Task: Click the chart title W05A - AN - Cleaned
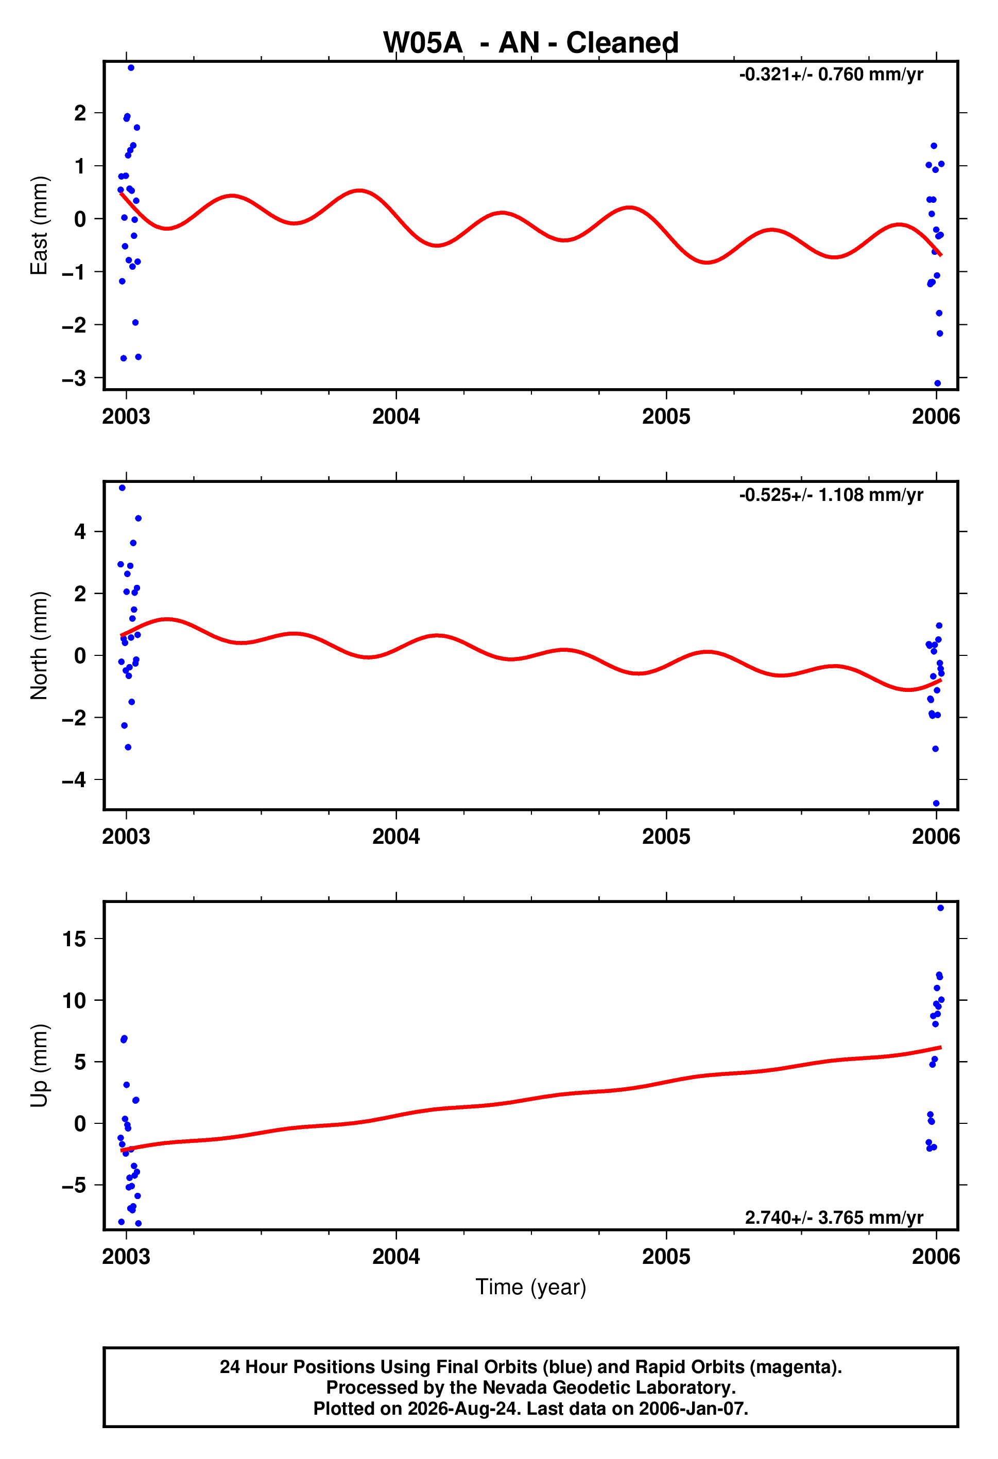531,43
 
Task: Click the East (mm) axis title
39,225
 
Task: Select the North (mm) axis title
39,646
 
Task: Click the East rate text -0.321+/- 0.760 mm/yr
831,75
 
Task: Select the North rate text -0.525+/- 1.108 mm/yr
831,495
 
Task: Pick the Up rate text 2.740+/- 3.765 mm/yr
834,1218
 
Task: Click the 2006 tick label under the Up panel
936,1256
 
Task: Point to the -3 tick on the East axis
74,378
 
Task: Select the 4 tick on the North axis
80,532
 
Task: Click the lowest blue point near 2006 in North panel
936,804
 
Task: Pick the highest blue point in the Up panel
940,908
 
